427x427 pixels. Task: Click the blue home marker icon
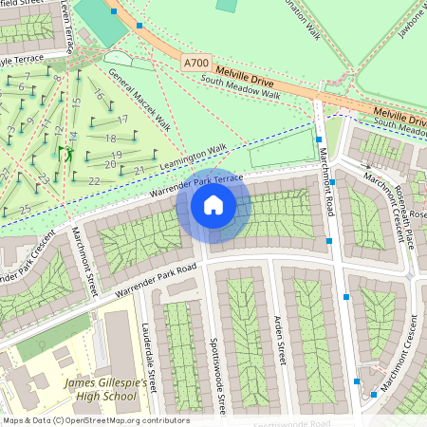(213, 205)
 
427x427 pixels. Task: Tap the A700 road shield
(196, 63)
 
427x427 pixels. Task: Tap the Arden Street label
(279, 336)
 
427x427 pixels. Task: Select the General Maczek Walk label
(139, 99)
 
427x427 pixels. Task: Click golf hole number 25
(24, 208)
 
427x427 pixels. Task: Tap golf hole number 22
(93, 180)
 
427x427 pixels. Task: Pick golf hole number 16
(97, 95)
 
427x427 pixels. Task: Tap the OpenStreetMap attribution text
(95, 419)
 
